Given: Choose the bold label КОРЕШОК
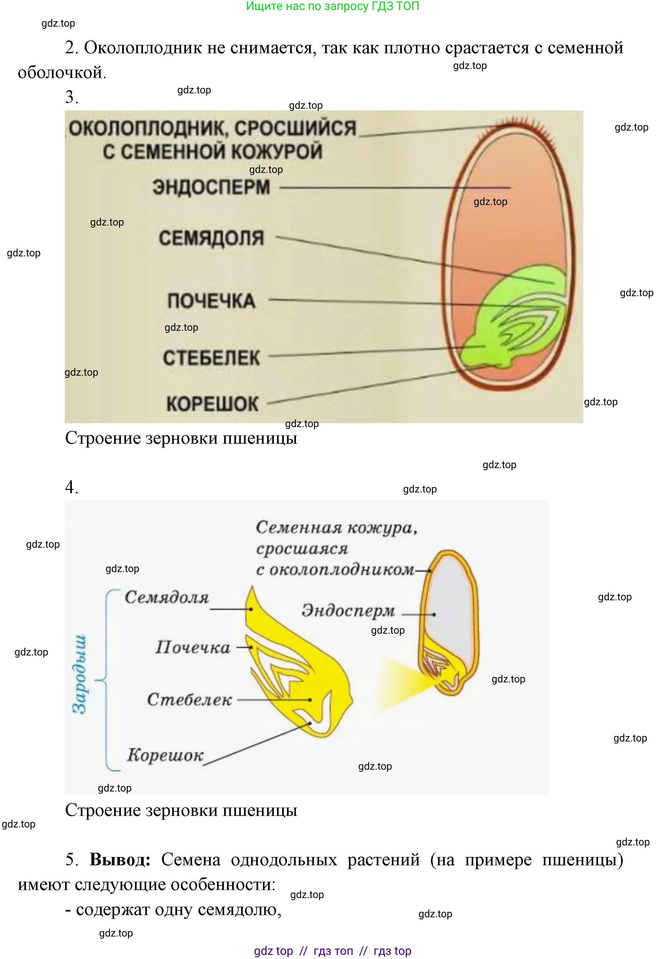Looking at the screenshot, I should [212, 404].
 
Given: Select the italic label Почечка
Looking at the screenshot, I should [193, 647].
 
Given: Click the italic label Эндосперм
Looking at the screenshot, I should [348, 611].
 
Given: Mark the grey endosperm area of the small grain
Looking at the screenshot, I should [451, 605].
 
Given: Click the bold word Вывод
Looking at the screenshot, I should [120, 860].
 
